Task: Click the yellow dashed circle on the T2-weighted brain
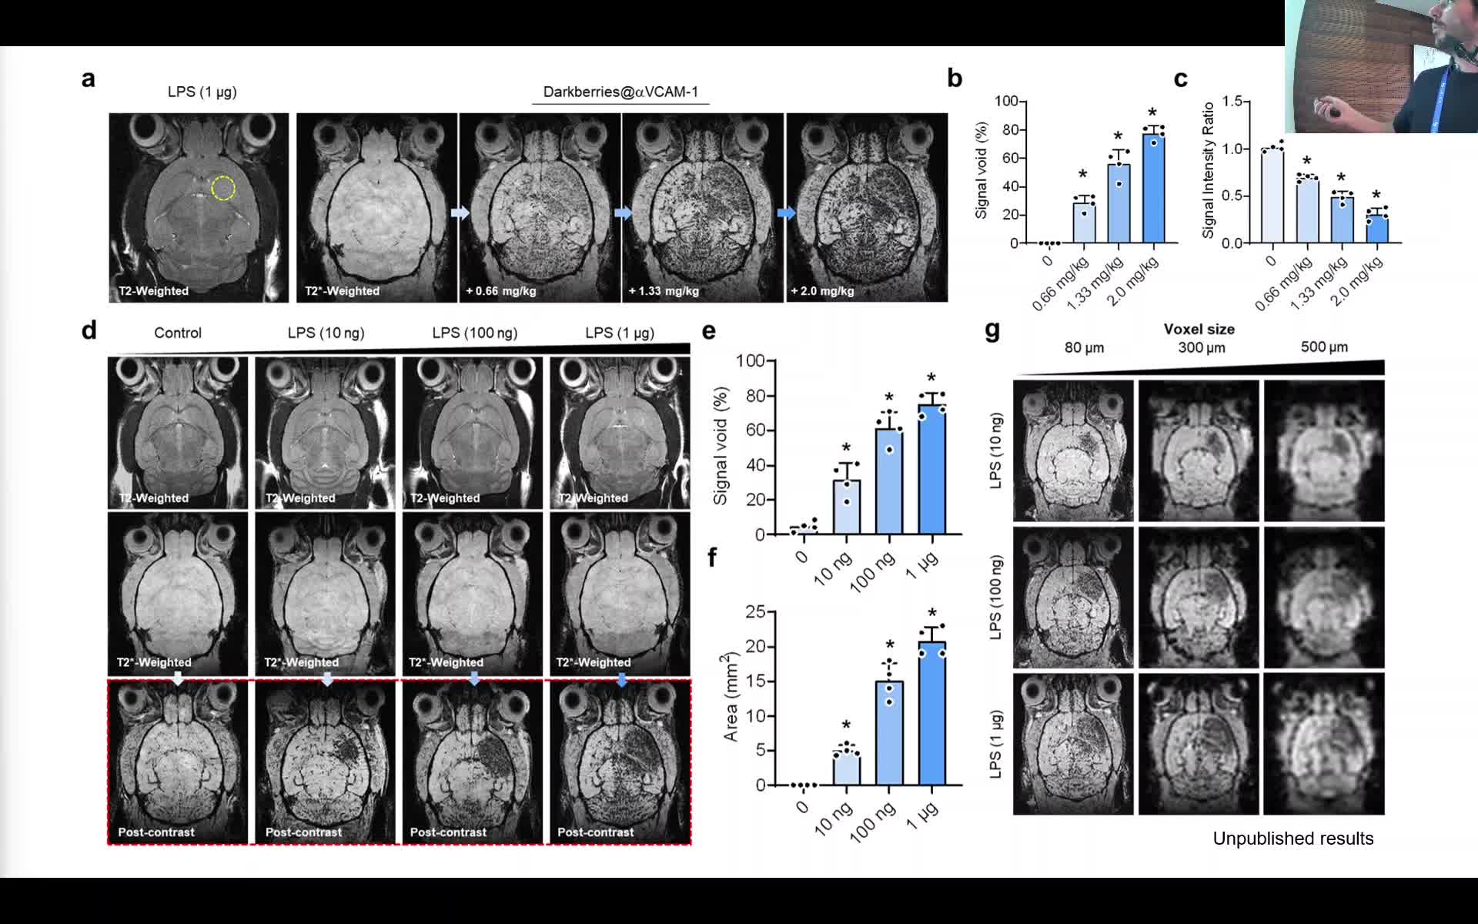point(223,188)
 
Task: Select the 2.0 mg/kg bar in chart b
point(1152,189)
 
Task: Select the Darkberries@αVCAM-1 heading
point(620,92)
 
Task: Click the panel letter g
point(992,330)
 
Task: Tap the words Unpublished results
point(1292,839)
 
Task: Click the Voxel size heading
point(1199,330)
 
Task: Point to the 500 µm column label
point(1324,347)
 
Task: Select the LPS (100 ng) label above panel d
point(474,333)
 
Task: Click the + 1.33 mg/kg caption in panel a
point(664,291)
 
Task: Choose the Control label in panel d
point(178,333)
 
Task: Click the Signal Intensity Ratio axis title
point(1208,170)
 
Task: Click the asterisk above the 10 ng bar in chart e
point(846,449)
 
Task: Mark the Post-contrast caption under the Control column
point(156,832)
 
